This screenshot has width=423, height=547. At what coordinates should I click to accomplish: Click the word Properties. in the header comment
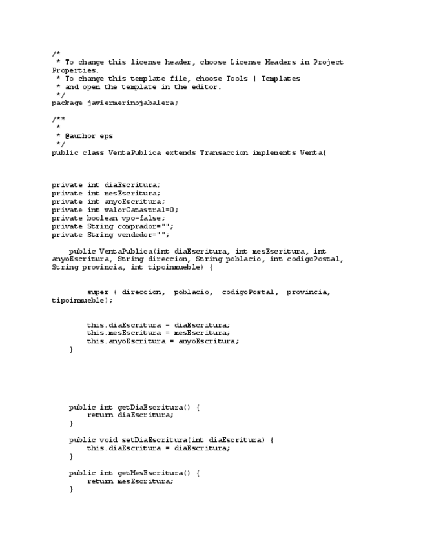point(76,70)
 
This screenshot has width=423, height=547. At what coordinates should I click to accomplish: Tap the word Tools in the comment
point(236,79)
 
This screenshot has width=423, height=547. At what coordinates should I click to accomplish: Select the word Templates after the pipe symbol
point(280,79)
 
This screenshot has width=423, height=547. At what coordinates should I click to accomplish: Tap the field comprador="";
point(146,226)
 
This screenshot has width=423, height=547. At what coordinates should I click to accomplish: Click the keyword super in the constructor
point(98,292)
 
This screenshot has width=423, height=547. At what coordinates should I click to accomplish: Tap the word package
point(67,103)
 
